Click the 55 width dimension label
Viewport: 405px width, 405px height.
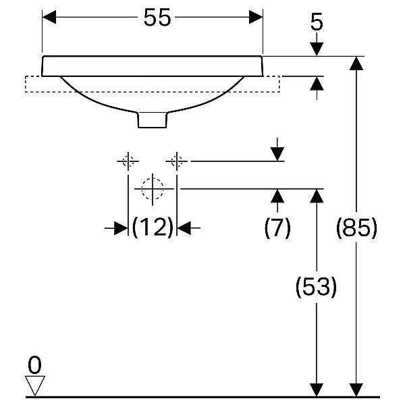[x=157, y=18]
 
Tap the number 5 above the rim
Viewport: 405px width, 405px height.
[x=317, y=22]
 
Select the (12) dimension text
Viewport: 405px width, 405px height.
[x=153, y=227]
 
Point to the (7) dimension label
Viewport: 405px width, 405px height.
[x=277, y=228]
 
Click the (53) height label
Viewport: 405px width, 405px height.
[x=316, y=287]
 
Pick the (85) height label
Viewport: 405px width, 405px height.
[x=356, y=227]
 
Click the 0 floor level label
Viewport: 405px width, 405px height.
[x=34, y=364]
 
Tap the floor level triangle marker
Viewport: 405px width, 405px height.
[x=35, y=385]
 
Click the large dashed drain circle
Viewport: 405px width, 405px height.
[x=153, y=189]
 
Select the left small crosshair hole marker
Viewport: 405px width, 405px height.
[x=128, y=161]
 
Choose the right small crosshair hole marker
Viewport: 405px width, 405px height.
[x=177, y=161]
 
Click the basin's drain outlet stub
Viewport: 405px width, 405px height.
[x=153, y=120]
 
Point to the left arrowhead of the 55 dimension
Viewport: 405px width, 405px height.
[x=49, y=17]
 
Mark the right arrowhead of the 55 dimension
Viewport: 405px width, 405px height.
[x=256, y=17]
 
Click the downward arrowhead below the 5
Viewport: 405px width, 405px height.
[x=317, y=49]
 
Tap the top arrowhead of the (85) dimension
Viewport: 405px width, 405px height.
[x=356, y=63]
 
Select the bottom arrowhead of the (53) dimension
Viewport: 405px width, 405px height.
[x=317, y=389]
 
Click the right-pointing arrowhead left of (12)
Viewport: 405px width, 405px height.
[x=121, y=228]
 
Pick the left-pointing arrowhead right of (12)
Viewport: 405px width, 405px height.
[x=184, y=228]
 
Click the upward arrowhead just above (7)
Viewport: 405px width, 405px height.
[x=277, y=196]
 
